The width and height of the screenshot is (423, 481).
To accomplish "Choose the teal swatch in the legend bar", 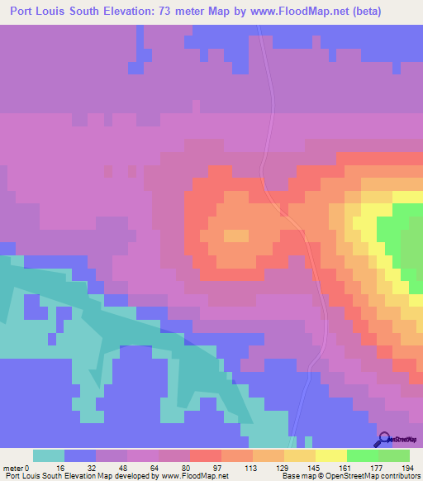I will [x=49, y=455].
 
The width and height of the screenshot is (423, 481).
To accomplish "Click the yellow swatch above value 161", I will [x=330, y=455].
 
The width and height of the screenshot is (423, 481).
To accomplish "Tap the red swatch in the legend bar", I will [x=205, y=455].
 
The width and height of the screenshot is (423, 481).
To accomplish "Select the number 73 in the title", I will [x=182, y=11].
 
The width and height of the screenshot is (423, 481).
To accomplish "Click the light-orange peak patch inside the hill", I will [x=235, y=236].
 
